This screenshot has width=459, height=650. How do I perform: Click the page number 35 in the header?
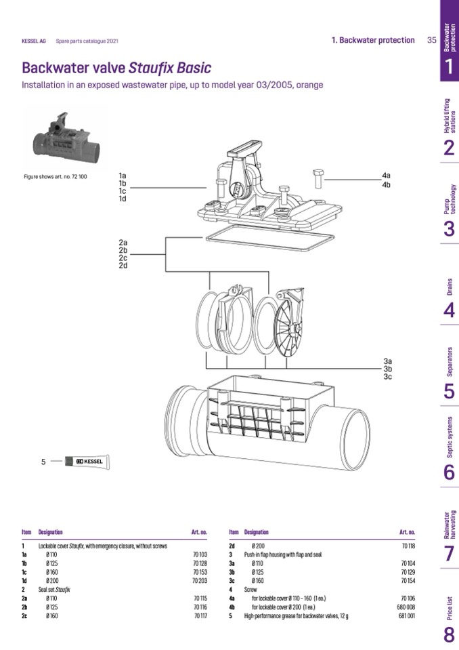click(x=431, y=40)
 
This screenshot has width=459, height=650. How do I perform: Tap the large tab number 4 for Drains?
click(x=449, y=310)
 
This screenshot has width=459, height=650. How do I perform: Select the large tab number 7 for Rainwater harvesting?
click(x=449, y=554)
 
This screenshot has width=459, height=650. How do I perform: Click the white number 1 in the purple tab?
click(x=449, y=66)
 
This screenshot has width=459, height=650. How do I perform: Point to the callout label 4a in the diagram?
click(x=386, y=176)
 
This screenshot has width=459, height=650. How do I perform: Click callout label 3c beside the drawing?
click(x=387, y=376)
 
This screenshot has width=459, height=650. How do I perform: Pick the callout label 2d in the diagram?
click(x=123, y=265)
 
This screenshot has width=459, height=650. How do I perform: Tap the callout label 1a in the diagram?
click(x=123, y=176)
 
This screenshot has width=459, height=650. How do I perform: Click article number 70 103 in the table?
click(x=199, y=554)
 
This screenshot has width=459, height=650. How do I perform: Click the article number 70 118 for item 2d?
click(x=408, y=546)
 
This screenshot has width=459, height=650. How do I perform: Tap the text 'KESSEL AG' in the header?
click(x=34, y=41)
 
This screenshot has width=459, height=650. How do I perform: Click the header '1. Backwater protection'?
click(x=373, y=40)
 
